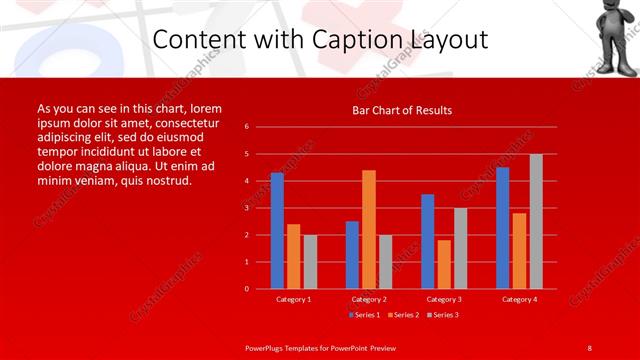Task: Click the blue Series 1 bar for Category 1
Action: coord(277,231)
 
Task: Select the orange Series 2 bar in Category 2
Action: coord(369,229)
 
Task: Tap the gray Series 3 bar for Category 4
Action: coord(536,221)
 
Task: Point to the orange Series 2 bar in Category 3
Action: coord(444,264)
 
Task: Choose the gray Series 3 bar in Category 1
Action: coord(310,262)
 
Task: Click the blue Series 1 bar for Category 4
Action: coord(503,228)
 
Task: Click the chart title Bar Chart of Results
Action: coord(402,110)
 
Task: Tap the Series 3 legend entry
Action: coord(443,315)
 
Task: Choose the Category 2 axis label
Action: coord(369,299)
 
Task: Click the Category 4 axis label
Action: coord(519,299)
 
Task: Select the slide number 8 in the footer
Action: coord(589,347)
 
